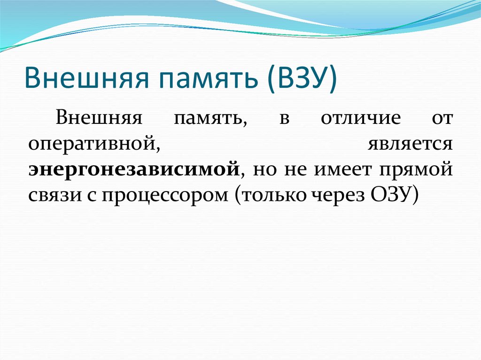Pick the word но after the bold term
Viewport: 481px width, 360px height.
264,169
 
